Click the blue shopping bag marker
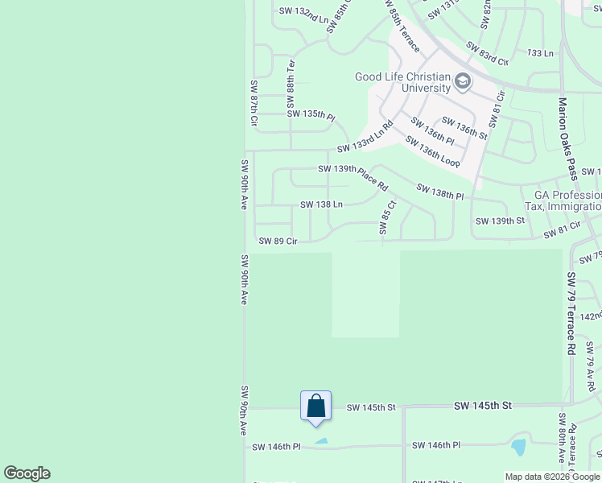[x=315, y=406]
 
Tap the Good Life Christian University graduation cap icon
[x=463, y=81]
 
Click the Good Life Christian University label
[x=402, y=82]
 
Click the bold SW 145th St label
[x=482, y=406]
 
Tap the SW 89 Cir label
[x=278, y=241]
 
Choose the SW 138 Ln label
[x=322, y=204]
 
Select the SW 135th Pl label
[x=311, y=114]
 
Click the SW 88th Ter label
[x=291, y=80]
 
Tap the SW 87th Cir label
[x=254, y=104]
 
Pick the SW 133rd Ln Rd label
[x=366, y=138]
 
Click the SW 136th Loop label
[x=432, y=151]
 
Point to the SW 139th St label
[x=499, y=221]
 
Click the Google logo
[x=27, y=473]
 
